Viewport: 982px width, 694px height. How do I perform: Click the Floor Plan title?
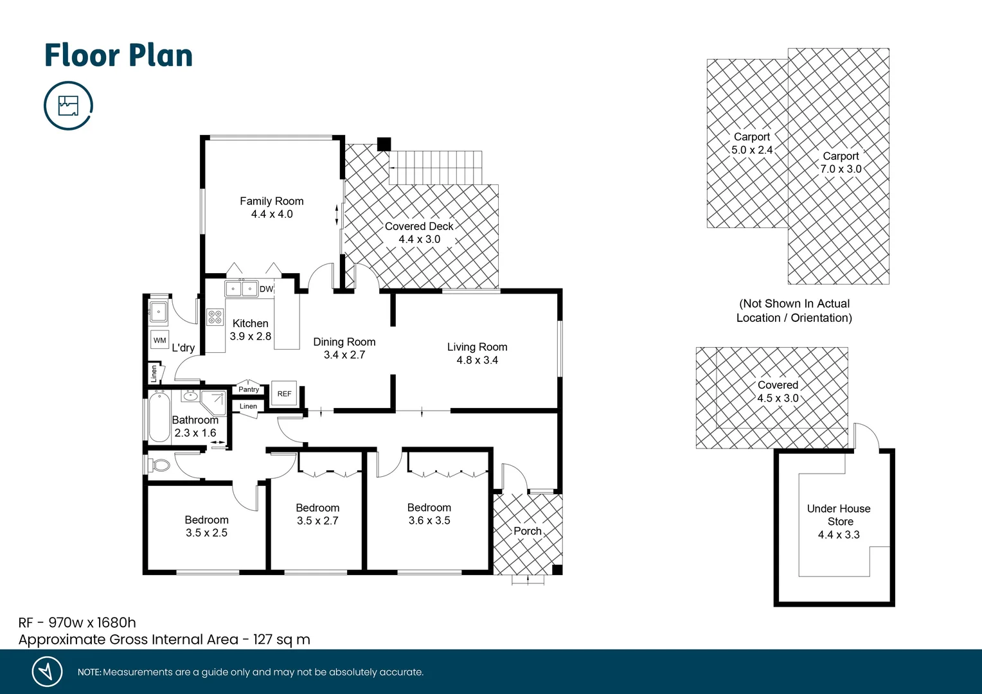pos(118,56)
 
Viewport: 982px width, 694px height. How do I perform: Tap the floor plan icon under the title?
pos(68,105)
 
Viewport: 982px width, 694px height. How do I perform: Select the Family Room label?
pos(271,201)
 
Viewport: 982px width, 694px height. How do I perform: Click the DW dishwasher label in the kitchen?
pos(266,289)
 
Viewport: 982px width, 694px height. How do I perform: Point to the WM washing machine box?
pos(159,340)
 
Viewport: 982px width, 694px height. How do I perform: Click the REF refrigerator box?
pos(284,393)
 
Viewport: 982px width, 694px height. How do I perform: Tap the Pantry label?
pos(249,389)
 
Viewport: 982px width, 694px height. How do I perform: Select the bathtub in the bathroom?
pos(159,416)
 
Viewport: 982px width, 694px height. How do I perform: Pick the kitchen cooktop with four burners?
pos(215,317)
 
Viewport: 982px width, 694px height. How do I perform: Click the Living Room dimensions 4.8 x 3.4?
pos(477,360)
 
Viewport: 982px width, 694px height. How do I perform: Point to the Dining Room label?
pos(344,342)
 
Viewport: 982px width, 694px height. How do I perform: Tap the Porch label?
pos(527,531)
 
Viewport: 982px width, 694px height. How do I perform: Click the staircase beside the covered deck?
pos(436,168)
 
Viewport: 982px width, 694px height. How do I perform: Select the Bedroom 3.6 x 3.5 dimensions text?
pos(429,520)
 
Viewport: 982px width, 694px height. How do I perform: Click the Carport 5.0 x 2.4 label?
pos(752,143)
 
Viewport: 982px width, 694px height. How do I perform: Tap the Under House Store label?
pos(839,515)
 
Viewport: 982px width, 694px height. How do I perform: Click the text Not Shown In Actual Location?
pos(794,310)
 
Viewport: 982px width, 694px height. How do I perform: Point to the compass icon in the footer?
pos(47,672)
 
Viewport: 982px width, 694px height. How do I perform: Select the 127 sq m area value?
pos(281,639)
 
